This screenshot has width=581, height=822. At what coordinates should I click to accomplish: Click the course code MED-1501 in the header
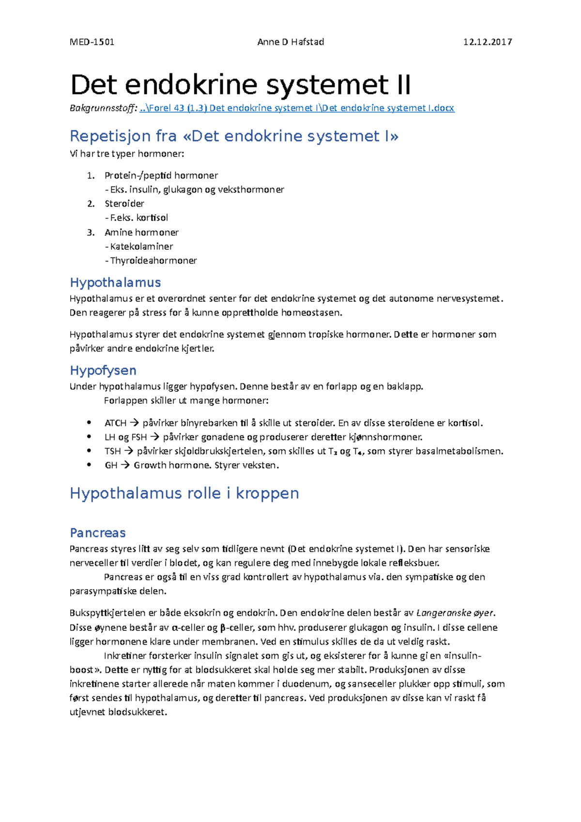point(92,42)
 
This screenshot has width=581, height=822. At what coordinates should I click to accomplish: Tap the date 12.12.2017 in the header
point(487,42)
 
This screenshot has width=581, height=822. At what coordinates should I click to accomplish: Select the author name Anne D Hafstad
point(290,42)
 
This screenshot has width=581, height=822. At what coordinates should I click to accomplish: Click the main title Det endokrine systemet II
point(241,85)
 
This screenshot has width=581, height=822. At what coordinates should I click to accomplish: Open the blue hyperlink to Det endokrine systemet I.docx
point(297,108)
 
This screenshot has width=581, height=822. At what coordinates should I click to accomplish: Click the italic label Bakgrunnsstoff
point(103,108)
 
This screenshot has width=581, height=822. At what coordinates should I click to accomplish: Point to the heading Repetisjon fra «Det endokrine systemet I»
point(234,136)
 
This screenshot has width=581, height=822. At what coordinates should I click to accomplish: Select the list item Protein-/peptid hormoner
point(161,175)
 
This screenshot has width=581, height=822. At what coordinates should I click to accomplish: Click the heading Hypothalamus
point(115,283)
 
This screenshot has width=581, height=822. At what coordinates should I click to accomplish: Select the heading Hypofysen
point(103,370)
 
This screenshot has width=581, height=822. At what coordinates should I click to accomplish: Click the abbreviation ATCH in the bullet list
point(115,423)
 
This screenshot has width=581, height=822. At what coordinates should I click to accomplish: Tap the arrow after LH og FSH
point(154,437)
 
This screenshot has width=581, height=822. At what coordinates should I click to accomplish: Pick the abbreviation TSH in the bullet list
point(112,451)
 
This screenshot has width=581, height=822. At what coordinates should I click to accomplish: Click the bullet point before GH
point(89,465)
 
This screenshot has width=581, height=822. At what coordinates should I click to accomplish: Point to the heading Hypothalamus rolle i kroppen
point(184,493)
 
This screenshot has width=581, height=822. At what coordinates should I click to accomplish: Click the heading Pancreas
point(98,533)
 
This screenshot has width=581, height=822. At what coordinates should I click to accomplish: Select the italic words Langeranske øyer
point(455,613)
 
